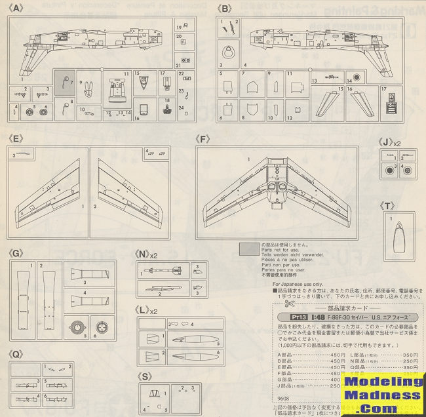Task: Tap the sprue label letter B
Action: coord(224,9)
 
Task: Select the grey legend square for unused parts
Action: coord(249,248)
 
